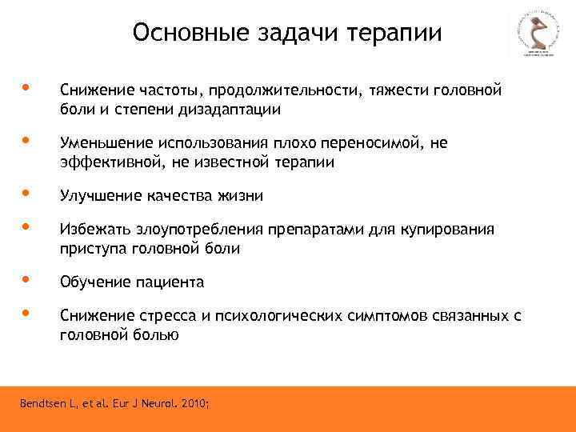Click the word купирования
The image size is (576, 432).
(x=453, y=230)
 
